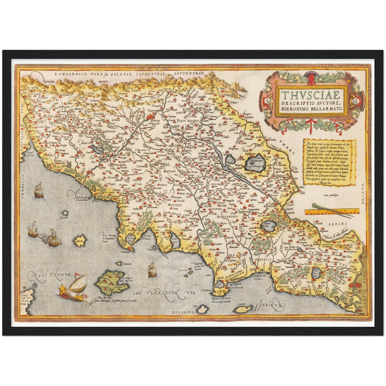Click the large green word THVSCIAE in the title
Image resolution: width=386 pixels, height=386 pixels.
click(311, 95)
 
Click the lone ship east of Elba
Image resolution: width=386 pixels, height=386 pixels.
click(152, 270)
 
